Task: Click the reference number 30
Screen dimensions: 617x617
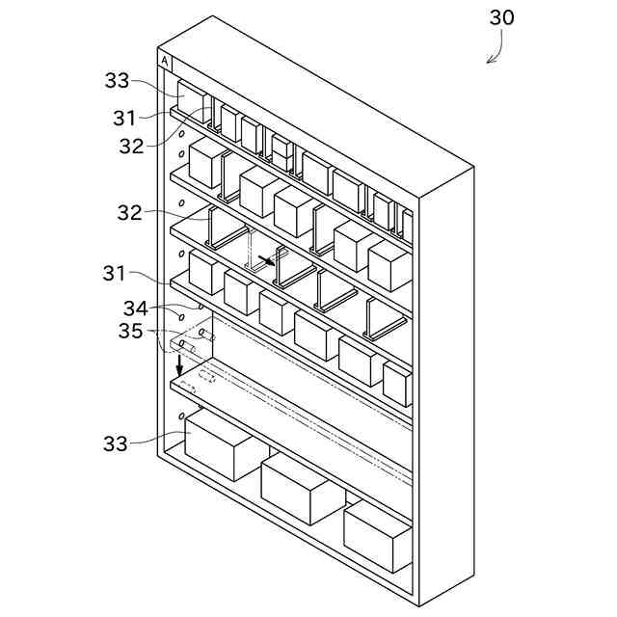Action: tap(502, 17)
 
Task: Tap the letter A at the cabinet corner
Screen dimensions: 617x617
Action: tap(165, 62)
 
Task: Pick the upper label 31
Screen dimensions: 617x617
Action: tap(124, 119)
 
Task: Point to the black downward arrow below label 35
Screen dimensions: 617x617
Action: tap(179, 365)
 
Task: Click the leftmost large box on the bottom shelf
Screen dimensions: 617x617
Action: tap(220, 443)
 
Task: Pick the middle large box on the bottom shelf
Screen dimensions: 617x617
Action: tap(302, 488)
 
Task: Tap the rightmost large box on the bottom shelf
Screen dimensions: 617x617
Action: tap(378, 533)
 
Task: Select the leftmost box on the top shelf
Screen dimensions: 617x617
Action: tap(192, 101)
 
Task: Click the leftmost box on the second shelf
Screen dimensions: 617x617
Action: tap(205, 164)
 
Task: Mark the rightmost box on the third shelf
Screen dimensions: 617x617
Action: tap(389, 265)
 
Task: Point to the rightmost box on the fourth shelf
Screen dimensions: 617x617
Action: tap(397, 383)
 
